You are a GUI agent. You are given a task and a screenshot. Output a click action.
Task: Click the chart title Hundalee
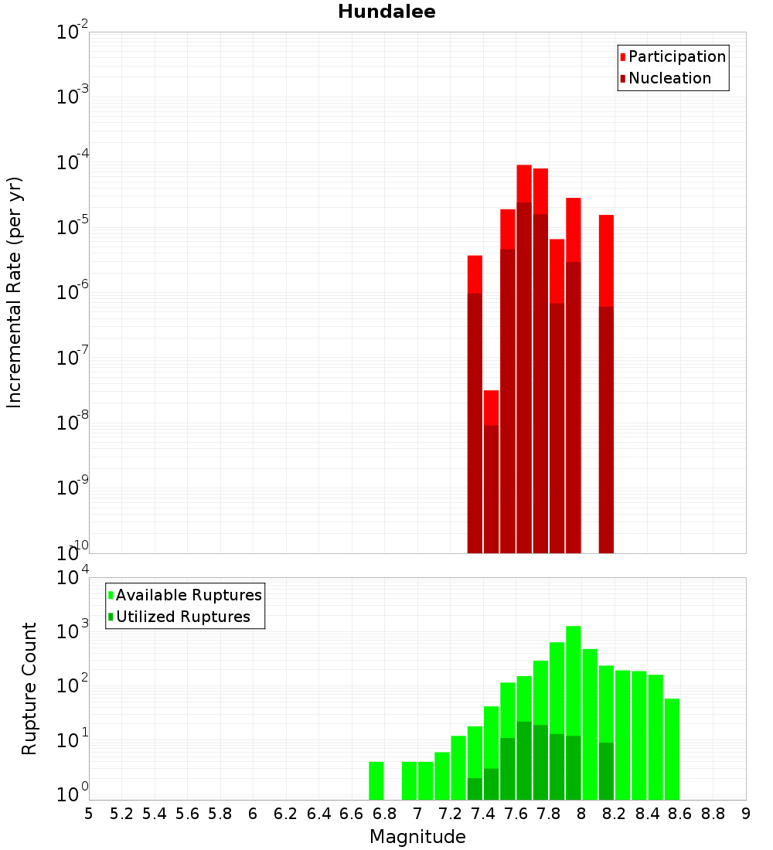386,12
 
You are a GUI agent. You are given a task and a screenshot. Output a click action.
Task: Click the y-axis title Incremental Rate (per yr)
15,292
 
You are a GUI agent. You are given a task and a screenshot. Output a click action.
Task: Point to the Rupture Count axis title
29,688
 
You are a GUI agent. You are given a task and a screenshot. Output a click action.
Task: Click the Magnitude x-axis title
417,837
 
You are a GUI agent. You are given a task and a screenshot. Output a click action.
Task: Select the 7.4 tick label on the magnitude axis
483,813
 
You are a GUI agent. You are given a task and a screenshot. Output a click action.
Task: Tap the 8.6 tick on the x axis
680,813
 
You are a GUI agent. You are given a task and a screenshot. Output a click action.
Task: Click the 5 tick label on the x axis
89,813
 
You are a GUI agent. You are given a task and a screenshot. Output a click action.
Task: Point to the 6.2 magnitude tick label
286,813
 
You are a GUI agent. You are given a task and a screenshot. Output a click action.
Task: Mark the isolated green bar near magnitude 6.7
376,780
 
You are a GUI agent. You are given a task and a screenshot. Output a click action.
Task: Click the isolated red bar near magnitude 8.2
606,386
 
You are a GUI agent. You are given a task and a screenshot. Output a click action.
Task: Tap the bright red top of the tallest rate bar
524,182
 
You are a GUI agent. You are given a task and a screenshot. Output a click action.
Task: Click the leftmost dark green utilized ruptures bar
475,788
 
